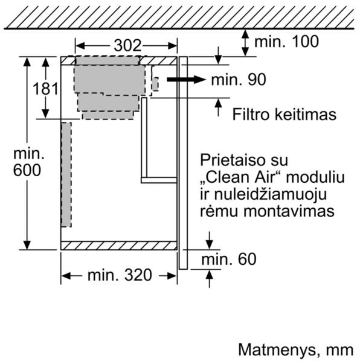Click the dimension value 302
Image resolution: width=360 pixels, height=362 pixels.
point(127,45)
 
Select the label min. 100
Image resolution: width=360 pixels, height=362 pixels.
point(286,42)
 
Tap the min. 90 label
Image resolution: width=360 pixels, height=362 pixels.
point(239,80)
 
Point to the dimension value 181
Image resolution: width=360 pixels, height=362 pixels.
point(45,89)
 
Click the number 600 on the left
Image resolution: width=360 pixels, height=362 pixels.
point(27,170)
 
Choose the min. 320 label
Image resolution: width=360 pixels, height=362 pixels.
point(120,275)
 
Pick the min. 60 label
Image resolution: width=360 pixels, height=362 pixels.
point(229,259)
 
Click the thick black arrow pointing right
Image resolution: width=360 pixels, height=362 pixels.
point(186,80)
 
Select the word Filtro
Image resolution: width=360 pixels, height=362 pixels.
point(251,114)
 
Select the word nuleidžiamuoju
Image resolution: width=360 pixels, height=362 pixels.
point(271,195)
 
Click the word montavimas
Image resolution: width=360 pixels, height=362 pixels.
point(289,211)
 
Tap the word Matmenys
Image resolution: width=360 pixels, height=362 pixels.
point(277,350)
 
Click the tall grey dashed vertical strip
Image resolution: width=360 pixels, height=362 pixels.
point(66,175)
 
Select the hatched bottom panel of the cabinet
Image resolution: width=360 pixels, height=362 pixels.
point(119,246)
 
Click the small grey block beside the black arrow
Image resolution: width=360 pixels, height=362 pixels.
point(155,84)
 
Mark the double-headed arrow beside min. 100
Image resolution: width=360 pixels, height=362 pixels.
point(245,43)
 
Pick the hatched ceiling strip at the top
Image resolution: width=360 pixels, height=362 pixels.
point(179,17)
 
